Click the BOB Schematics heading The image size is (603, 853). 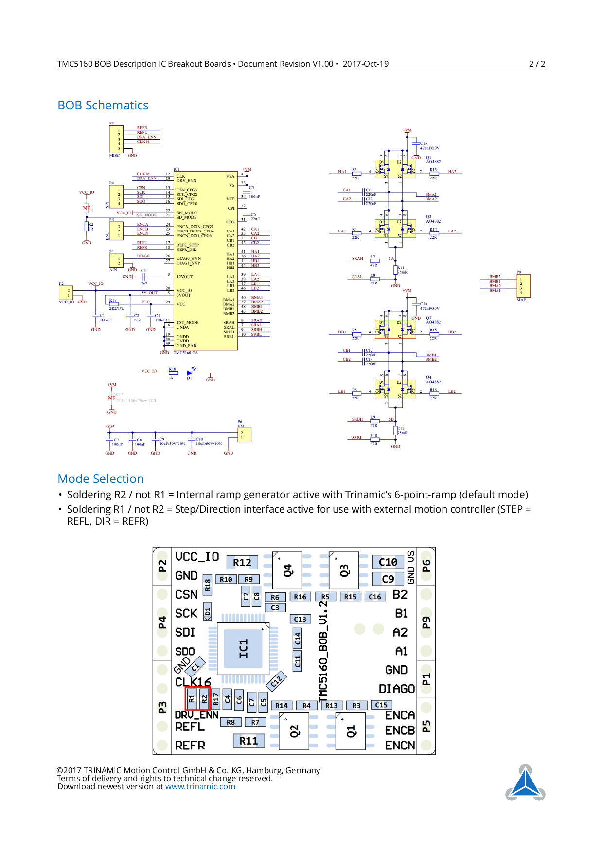click(x=103, y=106)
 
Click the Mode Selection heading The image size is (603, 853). click(x=101, y=479)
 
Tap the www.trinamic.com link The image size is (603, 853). click(x=200, y=787)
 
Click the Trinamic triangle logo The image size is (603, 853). click(x=525, y=783)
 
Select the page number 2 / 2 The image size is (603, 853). click(x=537, y=64)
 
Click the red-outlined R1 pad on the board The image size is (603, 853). click(x=192, y=699)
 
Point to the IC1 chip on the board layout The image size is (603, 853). click(x=243, y=648)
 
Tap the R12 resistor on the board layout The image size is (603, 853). click(x=242, y=563)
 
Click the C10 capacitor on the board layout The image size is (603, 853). click(x=388, y=562)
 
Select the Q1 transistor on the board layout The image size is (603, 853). click(x=351, y=731)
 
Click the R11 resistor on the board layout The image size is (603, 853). click(x=248, y=741)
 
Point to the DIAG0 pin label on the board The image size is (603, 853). click(x=396, y=689)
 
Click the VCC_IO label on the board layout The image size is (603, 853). click(x=197, y=557)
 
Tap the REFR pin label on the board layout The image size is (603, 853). click(x=190, y=746)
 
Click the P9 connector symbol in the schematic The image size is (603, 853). click(x=523, y=285)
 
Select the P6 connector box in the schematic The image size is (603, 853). click(x=244, y=435)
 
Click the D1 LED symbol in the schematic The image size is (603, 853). click(x=189, y=373)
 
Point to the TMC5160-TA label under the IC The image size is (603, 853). click(x=186, y=353)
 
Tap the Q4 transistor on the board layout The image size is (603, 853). click(x=287, y=570)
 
